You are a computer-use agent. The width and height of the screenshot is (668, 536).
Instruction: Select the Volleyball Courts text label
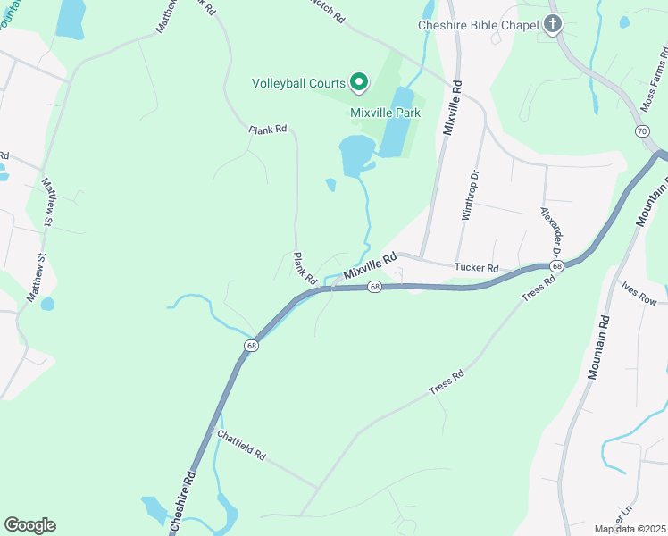[x=298, y=83]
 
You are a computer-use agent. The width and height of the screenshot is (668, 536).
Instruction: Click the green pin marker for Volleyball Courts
[x=359, y=82]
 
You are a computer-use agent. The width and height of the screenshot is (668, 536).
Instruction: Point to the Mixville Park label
[x=385, y=113]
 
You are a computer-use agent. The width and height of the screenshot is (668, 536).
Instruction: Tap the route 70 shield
[x=641, y=131]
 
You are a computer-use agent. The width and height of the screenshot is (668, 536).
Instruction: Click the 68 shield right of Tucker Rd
[x=556, y=266]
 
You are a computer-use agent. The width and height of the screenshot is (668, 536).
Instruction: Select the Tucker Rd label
[x=475, y=267]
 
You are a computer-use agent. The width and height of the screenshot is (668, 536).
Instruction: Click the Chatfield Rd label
[x=241, y=443]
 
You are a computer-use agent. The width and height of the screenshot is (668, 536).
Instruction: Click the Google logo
[x=29, y=525]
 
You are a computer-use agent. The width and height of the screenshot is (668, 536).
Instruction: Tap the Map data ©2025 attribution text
[x=630, y=529]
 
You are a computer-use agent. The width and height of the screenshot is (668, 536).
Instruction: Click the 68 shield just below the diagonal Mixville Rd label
[x=373, y=287]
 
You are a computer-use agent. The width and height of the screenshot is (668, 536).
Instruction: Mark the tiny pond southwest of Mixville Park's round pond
[x=330, y=185]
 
